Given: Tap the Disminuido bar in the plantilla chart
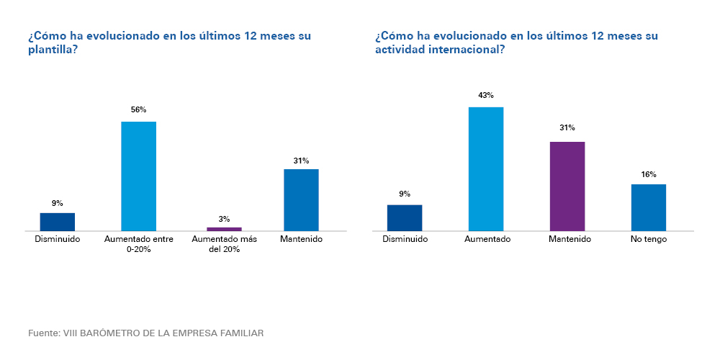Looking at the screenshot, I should (58, 222).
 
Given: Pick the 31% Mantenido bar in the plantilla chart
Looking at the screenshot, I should (301, 199).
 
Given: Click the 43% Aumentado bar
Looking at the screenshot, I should (486, 168).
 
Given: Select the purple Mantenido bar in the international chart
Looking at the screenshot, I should (567, 186).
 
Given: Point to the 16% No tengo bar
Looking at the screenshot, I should (649, 207).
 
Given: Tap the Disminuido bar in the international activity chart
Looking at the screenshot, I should (405, 217).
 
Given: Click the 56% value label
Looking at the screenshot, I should (138, 109).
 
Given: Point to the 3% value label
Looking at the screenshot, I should (224, 219).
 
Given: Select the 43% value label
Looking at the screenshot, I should (486, 95).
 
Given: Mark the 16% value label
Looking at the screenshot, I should (649, 174).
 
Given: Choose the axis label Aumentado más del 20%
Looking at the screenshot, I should (224, 244).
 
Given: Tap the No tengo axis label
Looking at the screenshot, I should (649, 239).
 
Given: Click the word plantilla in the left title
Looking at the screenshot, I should (51, 50).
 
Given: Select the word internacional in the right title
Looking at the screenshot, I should (462, 50).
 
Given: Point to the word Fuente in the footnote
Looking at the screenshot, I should (44, 333).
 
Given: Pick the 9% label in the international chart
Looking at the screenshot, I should (405, 194).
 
